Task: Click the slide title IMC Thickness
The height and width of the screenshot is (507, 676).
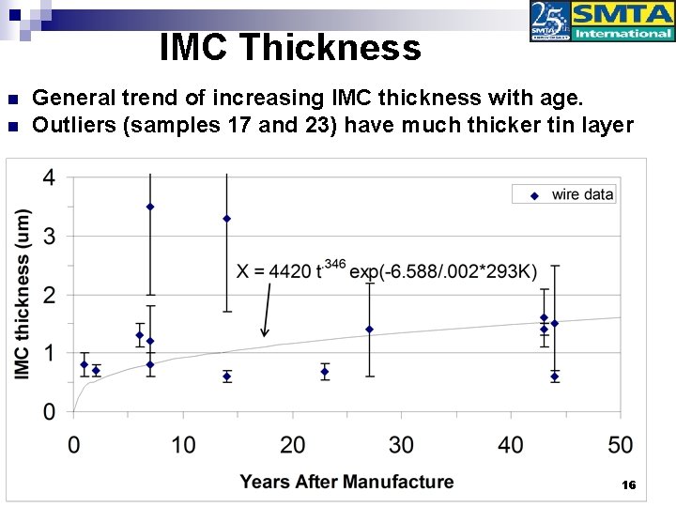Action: point(290,47)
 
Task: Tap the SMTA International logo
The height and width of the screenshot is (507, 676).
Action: point(602,22)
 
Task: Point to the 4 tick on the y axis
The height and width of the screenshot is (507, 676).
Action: point(48,177)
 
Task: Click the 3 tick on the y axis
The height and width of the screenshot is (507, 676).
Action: point(48,237)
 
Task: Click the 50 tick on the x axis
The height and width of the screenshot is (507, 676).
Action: point(621,444)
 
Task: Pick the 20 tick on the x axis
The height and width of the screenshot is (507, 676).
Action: point(292,444)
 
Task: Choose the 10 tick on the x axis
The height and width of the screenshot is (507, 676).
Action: point(183,444)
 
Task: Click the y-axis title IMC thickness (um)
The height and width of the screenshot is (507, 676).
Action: point(23,294)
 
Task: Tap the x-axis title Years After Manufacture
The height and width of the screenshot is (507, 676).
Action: point(346,482)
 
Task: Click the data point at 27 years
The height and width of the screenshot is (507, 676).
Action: point(369,330)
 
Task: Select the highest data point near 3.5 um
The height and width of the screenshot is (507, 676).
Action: point(150,207)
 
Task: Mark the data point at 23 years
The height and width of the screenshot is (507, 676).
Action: point(325,372)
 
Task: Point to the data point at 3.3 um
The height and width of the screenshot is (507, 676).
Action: point(226,219)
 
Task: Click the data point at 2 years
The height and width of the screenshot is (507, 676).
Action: point(96,370)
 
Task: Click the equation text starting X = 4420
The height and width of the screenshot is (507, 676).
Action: point(387,271)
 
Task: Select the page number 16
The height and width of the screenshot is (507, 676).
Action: point(629,485)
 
